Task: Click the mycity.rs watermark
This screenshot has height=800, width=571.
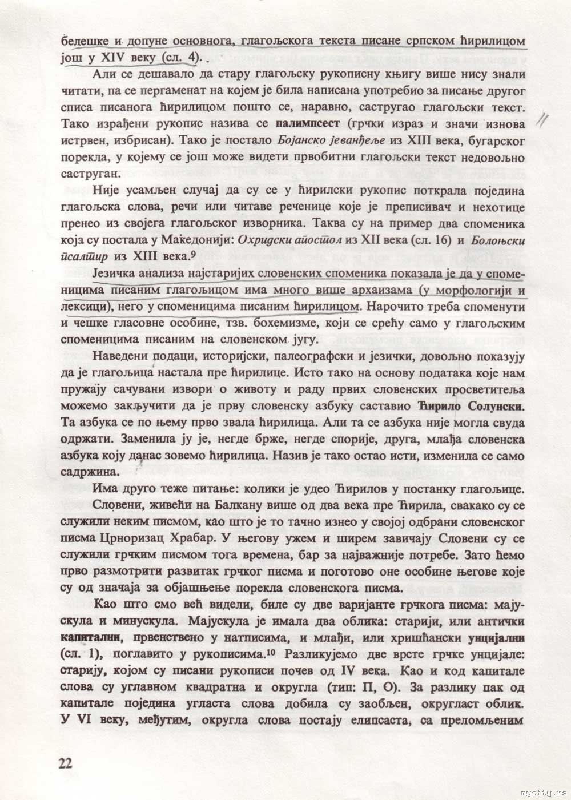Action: [544, 794]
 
